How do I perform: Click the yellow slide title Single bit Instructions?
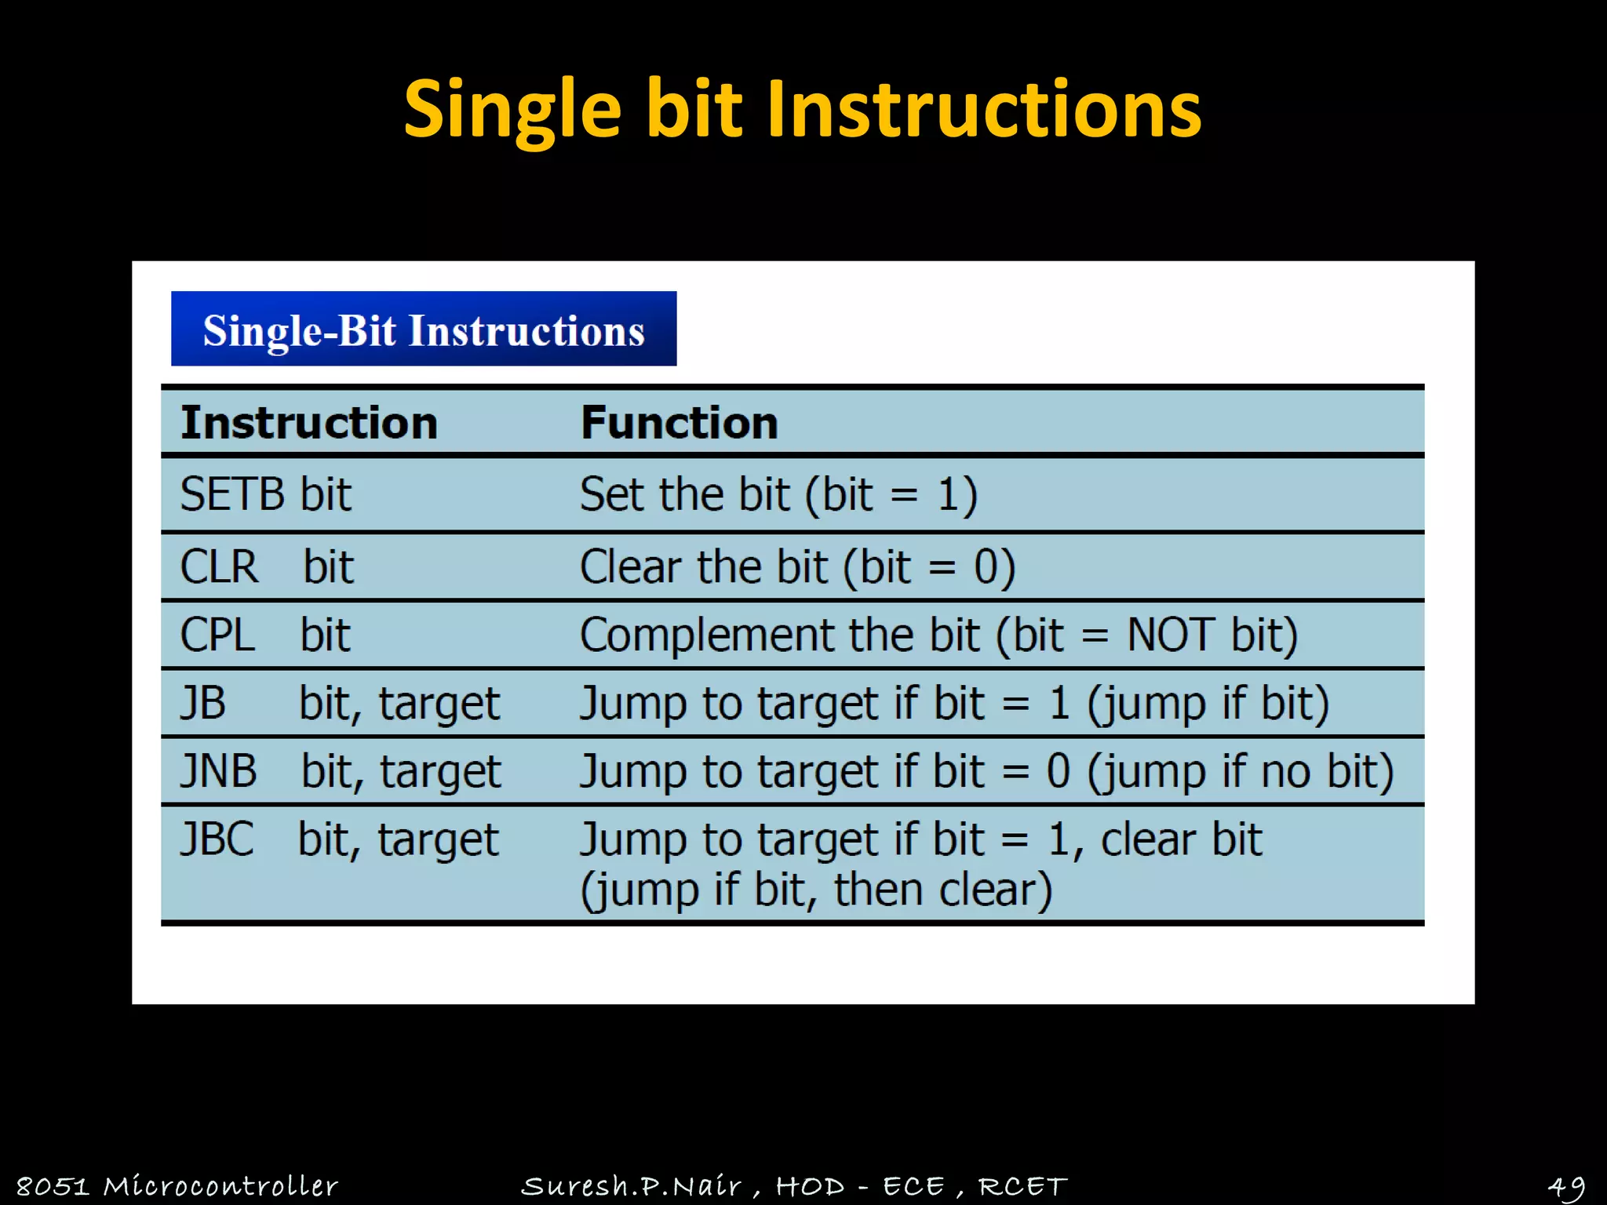[802, 110]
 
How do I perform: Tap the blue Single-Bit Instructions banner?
[424, 329]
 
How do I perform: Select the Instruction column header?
[309, 424]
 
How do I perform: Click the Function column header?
[679, 424]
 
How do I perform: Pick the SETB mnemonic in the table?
[231, 495]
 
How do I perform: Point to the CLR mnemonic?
[219, 567]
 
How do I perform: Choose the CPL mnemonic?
[217, 635]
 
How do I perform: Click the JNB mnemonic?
[219, 771]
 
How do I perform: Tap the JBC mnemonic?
[217, 839]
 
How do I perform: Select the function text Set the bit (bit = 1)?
[778, 495]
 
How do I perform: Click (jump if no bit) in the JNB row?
[1240, 771]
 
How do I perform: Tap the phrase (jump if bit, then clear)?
[816, 890]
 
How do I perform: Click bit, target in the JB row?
[399, 704]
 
